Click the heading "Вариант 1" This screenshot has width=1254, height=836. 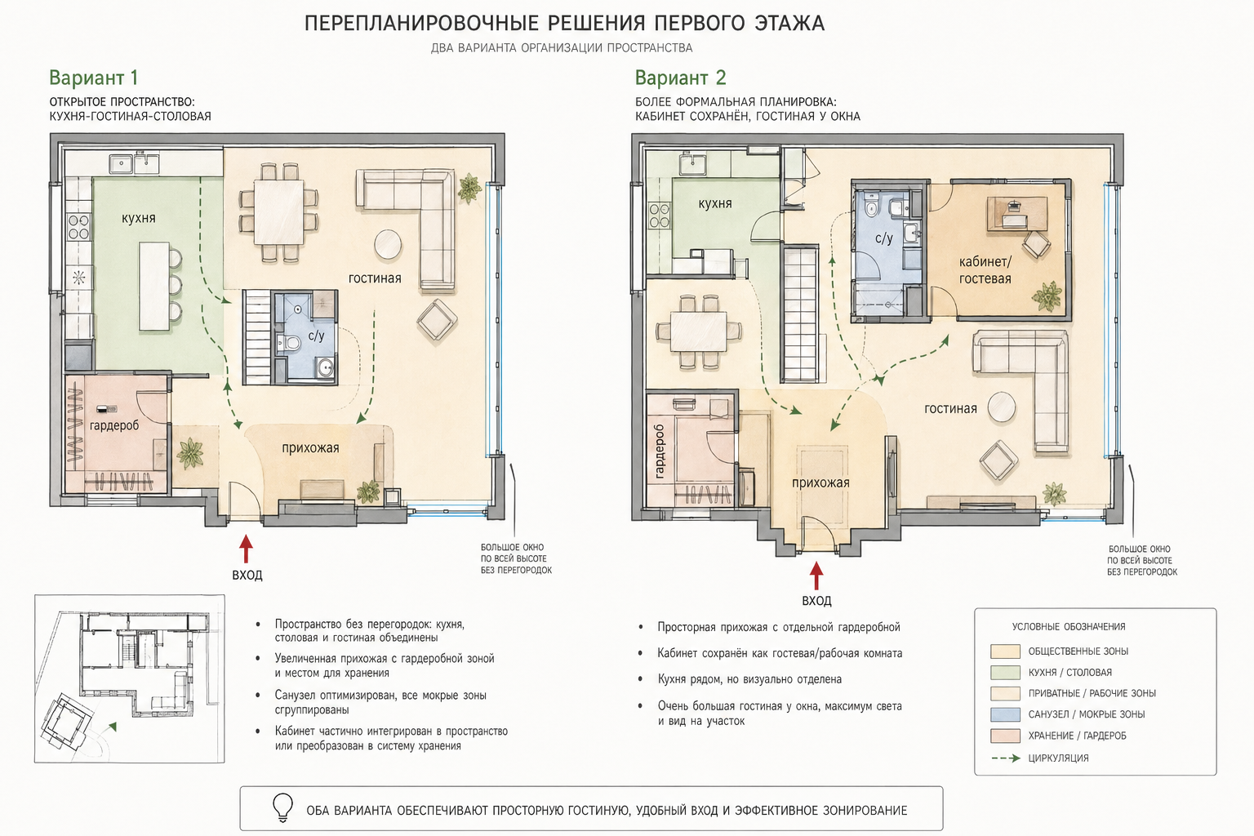point(94,78)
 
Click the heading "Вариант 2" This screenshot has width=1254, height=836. point(680,78)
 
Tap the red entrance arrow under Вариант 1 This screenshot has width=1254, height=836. point(246,549)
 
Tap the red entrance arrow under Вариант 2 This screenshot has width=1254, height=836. point(816,576)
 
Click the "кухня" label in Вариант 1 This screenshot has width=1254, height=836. point(138,218)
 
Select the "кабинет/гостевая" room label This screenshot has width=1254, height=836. point(985,270)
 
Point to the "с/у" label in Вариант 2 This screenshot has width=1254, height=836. point(883,238)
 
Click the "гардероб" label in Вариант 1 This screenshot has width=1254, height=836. point(114,425)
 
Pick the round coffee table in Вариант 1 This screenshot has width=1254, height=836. point(388,245)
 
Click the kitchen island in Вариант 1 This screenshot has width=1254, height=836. point(154,286)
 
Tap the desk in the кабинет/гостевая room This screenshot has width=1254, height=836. point(1016,213)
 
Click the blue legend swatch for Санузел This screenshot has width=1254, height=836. point(1005,714)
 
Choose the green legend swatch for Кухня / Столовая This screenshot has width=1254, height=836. point(1005,672)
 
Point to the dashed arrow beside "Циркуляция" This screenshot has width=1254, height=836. point(1006,758)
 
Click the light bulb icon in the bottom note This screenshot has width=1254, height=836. point(282,807)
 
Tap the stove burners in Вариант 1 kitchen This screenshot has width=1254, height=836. point(79,226)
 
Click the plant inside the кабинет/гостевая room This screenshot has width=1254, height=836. point(1047,295)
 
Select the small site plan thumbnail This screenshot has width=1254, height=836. point(129,678)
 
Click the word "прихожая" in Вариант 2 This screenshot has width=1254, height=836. point(820,482)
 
